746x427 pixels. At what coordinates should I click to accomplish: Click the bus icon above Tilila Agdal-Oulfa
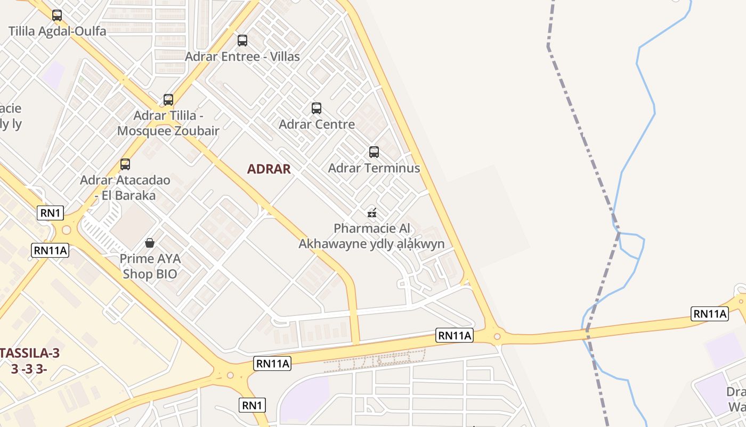(57, 15)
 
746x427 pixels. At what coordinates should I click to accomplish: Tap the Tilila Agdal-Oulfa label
(58, 31)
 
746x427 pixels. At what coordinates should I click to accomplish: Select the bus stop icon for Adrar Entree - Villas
(242, 40)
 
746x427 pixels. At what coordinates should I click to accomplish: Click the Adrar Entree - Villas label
(242, 56)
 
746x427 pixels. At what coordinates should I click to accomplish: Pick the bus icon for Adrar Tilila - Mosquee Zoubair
(168, 100)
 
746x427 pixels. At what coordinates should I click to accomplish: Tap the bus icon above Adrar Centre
(317, 108)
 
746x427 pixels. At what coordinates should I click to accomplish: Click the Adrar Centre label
(317, 124)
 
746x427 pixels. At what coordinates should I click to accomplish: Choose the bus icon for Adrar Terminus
(374, 152)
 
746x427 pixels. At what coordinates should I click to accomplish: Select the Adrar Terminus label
(374, 168)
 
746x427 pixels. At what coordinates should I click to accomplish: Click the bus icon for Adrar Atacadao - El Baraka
(125, 164)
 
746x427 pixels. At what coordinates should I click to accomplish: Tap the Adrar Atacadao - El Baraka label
(125, 187)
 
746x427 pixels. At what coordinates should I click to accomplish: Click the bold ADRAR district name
(269, 169)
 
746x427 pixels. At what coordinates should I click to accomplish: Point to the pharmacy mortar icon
(372, 213)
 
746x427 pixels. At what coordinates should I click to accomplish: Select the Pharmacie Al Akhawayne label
(372, 236)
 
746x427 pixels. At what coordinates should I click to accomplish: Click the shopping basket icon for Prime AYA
(150, 243)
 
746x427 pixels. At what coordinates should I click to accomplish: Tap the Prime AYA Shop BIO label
(150, 266)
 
